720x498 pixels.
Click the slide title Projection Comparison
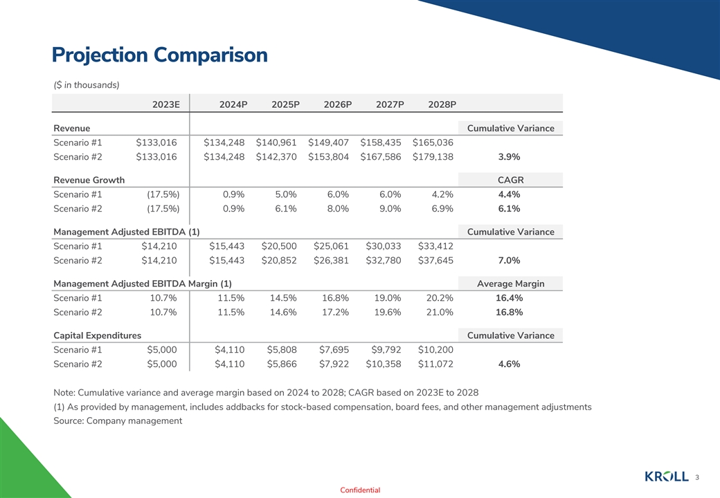click(159, 55)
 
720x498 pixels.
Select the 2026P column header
click(338, 104)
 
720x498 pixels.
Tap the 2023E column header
click(166, 104)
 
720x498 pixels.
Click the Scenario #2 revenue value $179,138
click(433, 157)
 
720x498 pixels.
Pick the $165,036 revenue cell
click(433, 142)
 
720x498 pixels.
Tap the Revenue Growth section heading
click(89, 180)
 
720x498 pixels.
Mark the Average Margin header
click(510, 284)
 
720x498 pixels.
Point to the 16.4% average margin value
click(510, 298)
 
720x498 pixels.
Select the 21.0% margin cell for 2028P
click(440, 313)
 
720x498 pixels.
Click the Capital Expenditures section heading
click(98, 335)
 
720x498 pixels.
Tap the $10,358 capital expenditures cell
click(384, 365)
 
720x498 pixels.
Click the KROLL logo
click(667, 477)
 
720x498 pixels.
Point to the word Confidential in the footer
click(360, 490)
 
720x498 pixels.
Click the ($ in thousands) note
click(87, 84)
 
